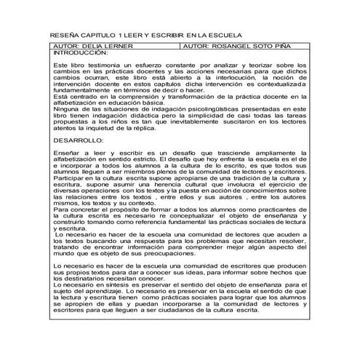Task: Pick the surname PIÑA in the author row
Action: tap(287, 45)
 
